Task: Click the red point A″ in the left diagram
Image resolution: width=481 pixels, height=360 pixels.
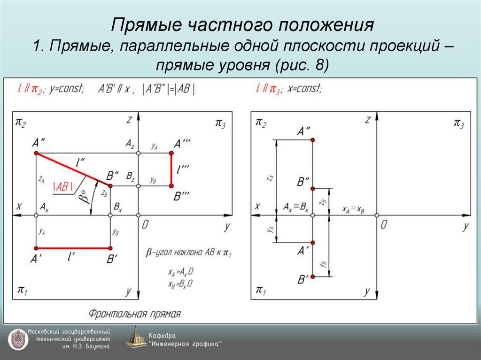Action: click(x=36, y=153)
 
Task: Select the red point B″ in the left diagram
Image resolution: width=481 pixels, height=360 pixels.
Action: click(x=110, y=186)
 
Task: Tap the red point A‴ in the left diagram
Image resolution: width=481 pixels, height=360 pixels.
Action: click(x=171, y=153)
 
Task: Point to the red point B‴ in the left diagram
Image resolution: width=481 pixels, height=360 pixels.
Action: click(x=171, y=186)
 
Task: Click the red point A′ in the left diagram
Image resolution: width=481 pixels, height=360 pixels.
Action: click(x=36, y=248)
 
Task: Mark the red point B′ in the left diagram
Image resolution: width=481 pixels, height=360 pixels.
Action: click(x=110, y=248)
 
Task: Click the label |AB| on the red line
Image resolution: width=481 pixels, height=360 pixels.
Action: click(x=63, y=186)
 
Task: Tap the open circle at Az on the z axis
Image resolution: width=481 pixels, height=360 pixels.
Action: click(x=138, y=153)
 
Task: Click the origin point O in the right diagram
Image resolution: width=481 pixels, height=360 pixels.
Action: click(x=377, y=215)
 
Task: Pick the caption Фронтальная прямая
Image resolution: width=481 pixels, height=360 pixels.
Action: click(x=134, y=314)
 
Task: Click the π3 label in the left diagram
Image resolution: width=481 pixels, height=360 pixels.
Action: click(x=220, y=123)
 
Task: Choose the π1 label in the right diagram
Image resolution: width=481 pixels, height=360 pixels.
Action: click(x=260, y=290)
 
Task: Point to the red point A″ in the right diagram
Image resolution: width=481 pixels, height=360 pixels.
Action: click(x=313, y=140)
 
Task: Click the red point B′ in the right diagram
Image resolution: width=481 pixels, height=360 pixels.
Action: click(x=313, y=276)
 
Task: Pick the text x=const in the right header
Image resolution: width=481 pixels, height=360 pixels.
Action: click(x=305, y=89)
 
